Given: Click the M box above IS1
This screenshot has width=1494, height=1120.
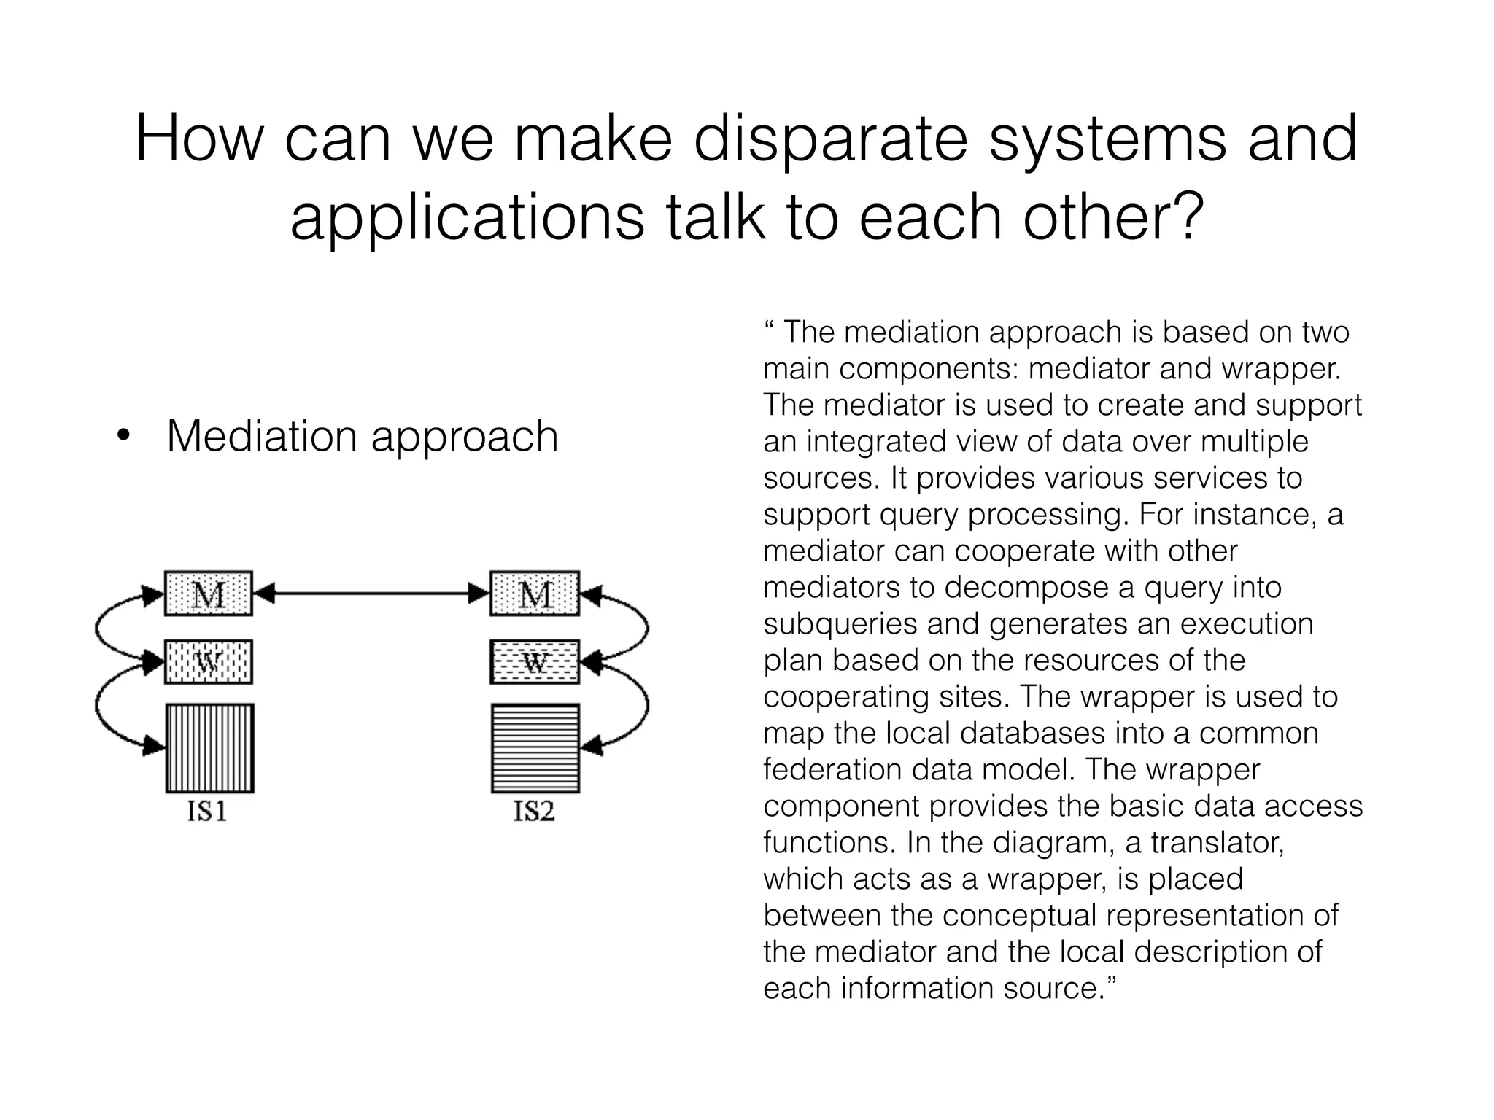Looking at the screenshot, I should click(209, 594).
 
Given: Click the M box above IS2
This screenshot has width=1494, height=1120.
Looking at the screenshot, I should click(535, 594).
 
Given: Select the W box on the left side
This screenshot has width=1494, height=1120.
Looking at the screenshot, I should click(209, 662).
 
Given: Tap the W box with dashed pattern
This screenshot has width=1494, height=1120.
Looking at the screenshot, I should click(535, 662).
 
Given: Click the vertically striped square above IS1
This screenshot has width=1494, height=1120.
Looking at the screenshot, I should click(209, 748).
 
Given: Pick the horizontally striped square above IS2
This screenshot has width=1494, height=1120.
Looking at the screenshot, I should click(535, 748).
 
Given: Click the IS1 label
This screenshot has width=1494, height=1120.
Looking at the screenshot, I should click(207, 811).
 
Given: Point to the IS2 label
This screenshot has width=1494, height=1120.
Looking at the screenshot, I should click(534, 811).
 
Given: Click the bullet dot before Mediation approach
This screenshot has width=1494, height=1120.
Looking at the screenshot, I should click(123, 437).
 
